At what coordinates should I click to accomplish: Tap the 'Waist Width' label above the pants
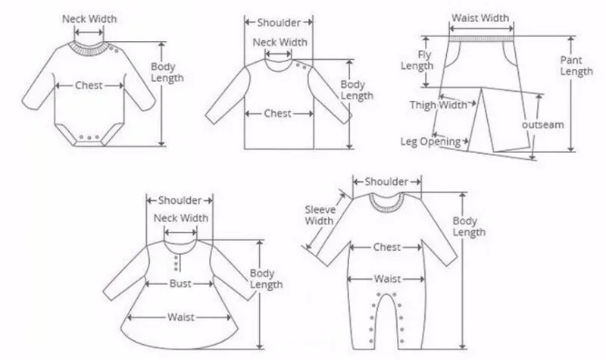click(479, 17)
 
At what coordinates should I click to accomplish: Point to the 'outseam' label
click(543, 125)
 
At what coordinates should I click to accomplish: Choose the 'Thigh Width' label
click(438, 105)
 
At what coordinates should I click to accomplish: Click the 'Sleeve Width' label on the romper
click(319, 215)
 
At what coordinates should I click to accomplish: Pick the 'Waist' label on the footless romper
click(387, 279)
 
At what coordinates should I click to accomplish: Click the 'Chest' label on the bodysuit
click(89, 86)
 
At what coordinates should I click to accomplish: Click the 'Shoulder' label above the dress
click(180, 200)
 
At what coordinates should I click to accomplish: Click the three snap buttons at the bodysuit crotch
click(89, 139)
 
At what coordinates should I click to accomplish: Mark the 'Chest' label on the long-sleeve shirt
click(278, 114)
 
